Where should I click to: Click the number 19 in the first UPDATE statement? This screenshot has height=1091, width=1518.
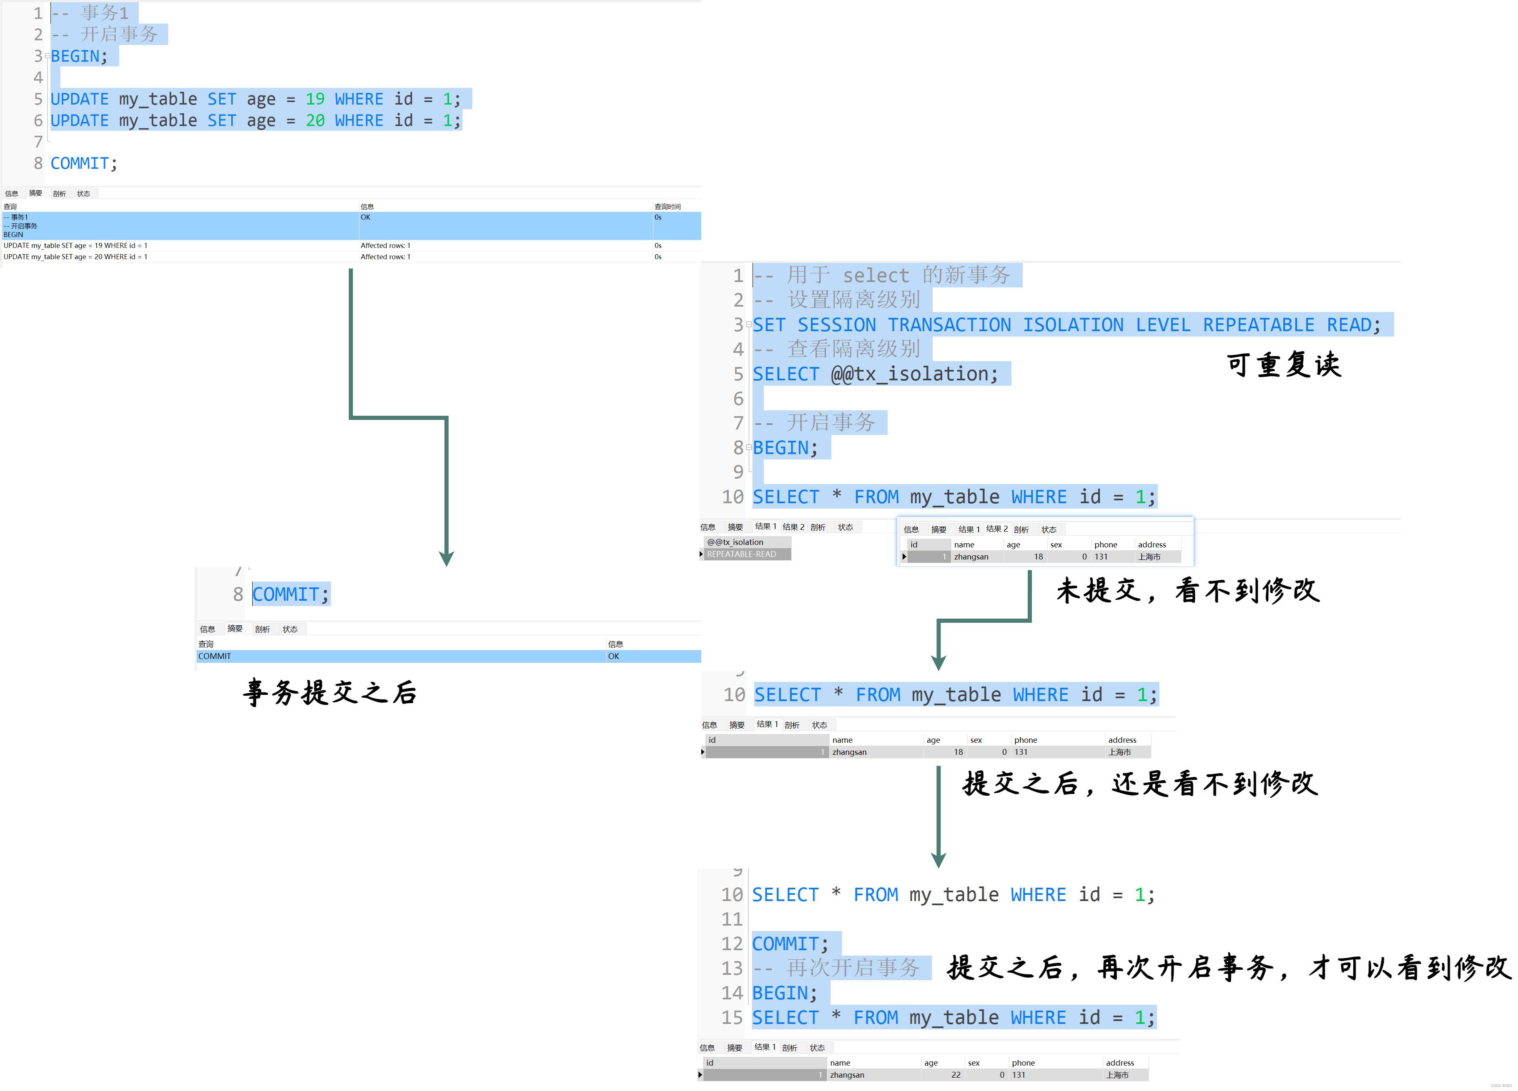coord(315,99)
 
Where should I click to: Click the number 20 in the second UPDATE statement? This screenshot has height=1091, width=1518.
coord(315,120)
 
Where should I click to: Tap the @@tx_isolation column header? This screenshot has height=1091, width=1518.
coord(735,542)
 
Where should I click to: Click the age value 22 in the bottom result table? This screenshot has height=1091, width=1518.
coord(955,1074)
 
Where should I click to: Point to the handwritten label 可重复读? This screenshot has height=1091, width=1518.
coord(1284,364)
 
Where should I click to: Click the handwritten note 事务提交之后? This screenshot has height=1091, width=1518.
coord(330,692)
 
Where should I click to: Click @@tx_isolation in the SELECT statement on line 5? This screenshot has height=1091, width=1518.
coord(913,374)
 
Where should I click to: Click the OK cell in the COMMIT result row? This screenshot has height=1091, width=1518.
coord(613,656)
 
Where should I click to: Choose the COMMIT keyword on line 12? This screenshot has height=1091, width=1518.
coord(785,944)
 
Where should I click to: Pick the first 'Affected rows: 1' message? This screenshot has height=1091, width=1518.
coord(386,245)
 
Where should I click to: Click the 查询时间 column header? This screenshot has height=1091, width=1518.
coord(667,207)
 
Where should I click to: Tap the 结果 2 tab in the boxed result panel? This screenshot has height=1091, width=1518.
coord(996,529)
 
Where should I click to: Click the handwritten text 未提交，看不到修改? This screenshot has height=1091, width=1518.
coord(1188,590)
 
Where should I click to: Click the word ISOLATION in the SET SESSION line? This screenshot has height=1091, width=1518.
coord(1073,325)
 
